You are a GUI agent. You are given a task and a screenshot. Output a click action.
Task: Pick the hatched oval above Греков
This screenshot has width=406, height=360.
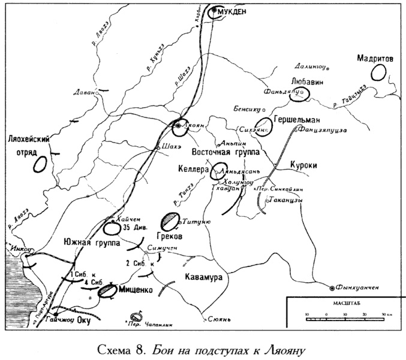coord(169,220)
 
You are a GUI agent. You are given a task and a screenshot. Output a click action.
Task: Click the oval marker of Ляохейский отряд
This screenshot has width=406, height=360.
coord(40,164)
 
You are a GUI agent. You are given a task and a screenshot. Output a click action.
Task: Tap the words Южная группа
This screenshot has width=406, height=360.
coord(91,243)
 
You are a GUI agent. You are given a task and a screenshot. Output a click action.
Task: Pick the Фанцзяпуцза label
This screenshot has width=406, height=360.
coord(327,129)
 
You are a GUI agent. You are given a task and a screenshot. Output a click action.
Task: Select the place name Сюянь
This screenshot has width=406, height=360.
coord(219,319)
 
